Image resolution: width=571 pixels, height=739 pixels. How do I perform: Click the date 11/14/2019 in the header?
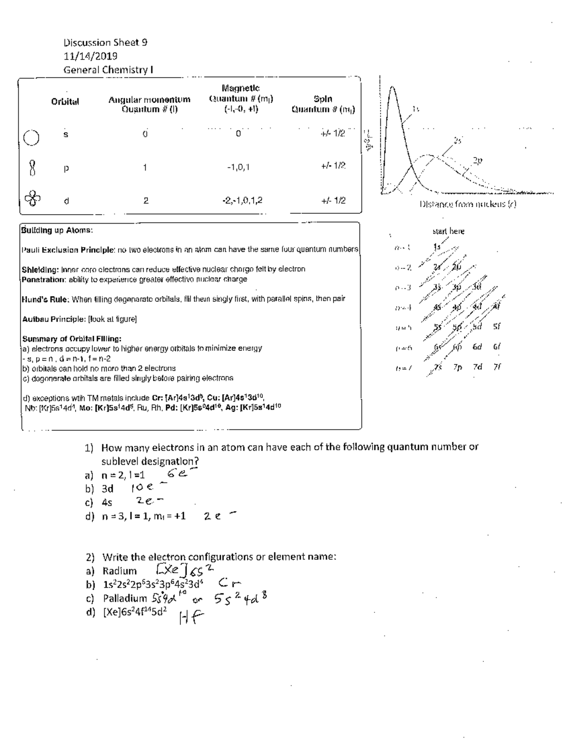pyautogui.click(x=90, y=56)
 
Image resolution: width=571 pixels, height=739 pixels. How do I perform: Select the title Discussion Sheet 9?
pyautogui.click(x=105, y=42)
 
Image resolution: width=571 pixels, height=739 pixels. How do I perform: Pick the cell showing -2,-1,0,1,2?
pyautogui.click(x=242, y=200)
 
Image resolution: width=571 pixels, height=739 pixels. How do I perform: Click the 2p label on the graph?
pyautogui.click(x=477, y=161)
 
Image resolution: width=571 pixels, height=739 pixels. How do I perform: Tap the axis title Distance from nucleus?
pyautogui.click(x=467, y=204)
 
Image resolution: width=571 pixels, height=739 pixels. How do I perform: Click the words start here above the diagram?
pyautogui.click(x=448, y=231)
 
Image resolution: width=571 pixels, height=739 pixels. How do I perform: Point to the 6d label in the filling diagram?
pyautogui.click(x=477, y=347)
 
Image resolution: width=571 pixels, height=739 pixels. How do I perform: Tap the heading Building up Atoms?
pyautogui.click(x=57, y=230)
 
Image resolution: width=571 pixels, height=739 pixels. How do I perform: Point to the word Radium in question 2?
pyautogui.click(x=119, y=571)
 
